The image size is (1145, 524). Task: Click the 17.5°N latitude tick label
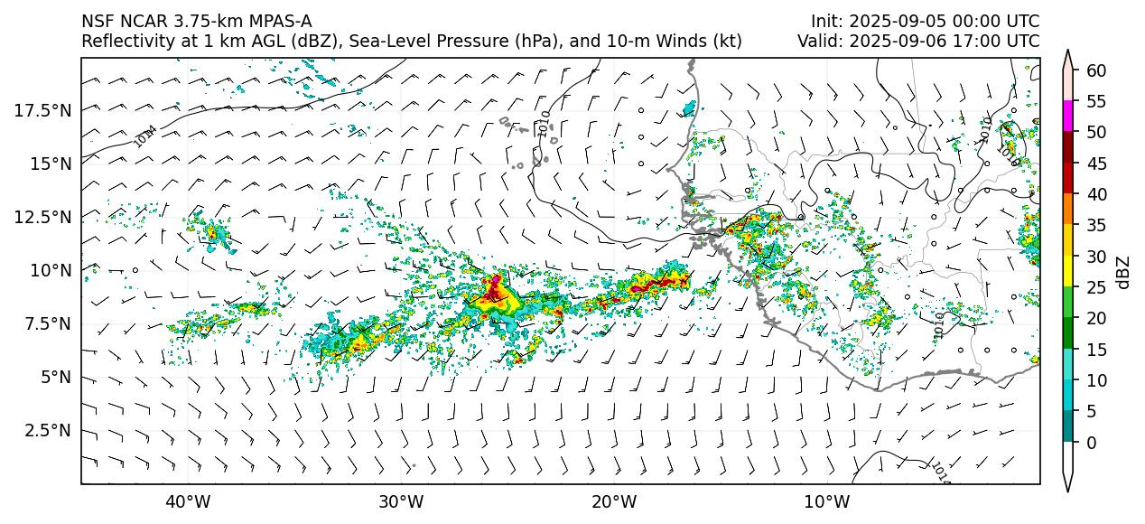click(x=42, y=110)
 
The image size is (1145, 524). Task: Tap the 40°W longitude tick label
click(x=188, y=501)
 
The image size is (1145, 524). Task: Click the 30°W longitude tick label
click(x=401, y=501)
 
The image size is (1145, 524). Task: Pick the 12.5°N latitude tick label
click(x=42, y=217)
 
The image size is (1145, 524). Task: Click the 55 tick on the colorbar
click(x=1096, y=101)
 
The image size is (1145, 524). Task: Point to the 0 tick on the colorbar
click(x=1091, y=443)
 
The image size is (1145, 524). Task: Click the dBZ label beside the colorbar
click(x=1123, y=272)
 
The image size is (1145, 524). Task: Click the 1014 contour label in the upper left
click(x=144, y=136)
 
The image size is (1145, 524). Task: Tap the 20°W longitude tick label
click(x=614, y=501)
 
